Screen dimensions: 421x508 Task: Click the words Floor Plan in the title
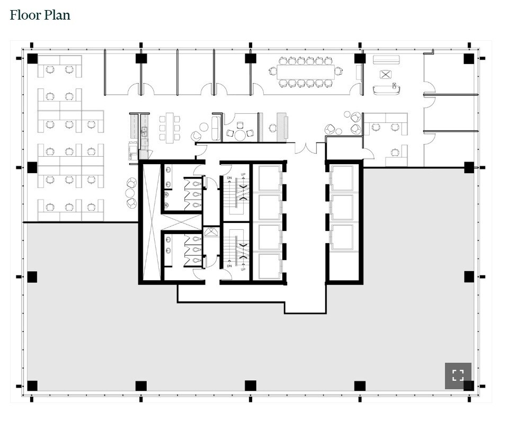[x=40, y=15]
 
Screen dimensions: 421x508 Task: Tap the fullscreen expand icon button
[x=458, y=375]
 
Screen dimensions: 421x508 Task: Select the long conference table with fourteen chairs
[x=306, y=71]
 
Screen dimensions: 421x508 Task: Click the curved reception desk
[x=386, y=89]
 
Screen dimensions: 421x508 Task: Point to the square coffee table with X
[x=386, y=74]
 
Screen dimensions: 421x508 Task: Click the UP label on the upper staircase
[x=243, y=175]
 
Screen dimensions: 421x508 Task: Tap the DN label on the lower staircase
[x=229, y=266]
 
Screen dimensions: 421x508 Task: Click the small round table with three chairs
[x=240, y=135]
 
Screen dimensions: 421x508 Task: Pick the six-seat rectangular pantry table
[x=170, y=127]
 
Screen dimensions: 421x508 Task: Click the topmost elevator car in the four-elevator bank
[x=269, y=178]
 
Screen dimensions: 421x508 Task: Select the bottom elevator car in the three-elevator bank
[x=342, y=236]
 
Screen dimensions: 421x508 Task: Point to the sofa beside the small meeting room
[x=216, y=128]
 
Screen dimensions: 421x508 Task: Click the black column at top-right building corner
[x=468, y=59]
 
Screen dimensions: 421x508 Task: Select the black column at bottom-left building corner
[x=32, y=386]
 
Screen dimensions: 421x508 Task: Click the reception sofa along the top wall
[x=385, y=60]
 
